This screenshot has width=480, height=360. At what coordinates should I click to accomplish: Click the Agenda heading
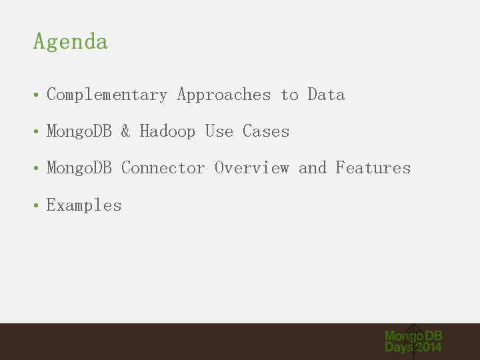(71, 41)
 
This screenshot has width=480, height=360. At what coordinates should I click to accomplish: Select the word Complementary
(107, 95)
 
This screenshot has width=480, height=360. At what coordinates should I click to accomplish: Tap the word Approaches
(224, 95)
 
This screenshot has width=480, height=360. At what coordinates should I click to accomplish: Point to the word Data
(326, 94)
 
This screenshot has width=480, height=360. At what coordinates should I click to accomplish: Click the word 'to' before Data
(289, 95)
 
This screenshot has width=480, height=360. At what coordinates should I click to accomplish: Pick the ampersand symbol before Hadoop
(125, 131)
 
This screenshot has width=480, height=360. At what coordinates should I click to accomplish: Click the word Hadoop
(167, 131)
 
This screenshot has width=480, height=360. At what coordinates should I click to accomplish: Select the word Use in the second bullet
(219, 131)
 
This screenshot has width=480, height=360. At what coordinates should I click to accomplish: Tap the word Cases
(266, 131)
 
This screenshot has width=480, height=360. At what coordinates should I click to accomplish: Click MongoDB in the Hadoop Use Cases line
(79, 131)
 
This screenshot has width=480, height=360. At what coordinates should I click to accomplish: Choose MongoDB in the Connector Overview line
(79, 169)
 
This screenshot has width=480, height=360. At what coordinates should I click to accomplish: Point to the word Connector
(163, 168)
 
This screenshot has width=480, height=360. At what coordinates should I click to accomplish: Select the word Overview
(251, 168)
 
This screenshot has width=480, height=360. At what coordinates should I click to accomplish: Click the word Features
(373, 168)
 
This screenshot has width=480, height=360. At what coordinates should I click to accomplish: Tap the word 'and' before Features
(313, 168)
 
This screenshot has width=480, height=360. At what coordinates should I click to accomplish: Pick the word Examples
(84, 205)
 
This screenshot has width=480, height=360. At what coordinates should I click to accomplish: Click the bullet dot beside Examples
(36, 205)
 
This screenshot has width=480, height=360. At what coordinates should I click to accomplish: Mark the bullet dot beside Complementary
(36, 95)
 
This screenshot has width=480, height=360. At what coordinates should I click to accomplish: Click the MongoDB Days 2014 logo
(413, 341)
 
